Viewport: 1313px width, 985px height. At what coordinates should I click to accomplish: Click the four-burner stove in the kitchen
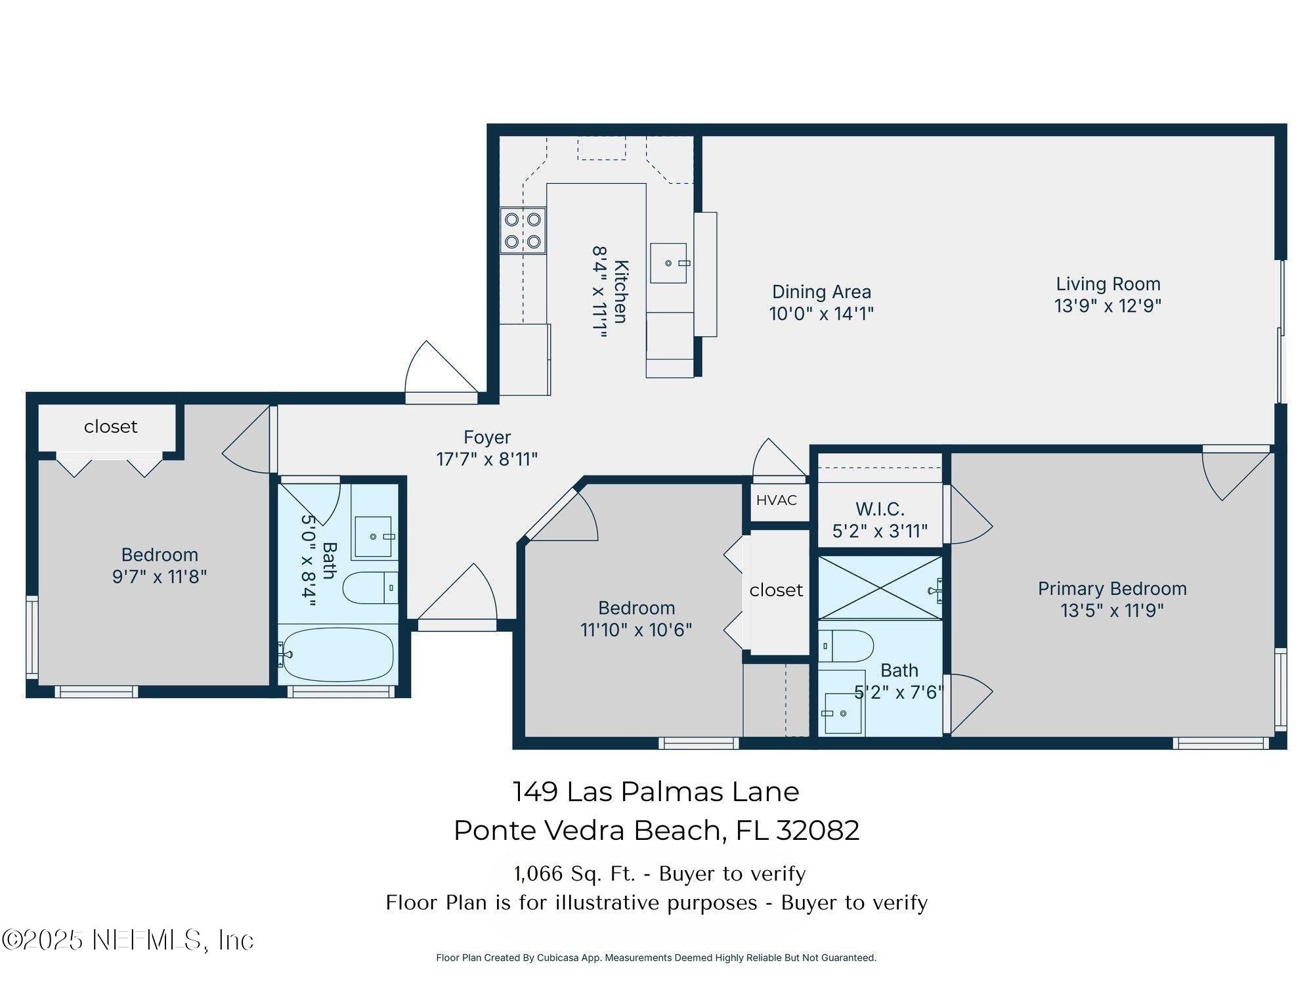pyautogui.click(x=523, y=230)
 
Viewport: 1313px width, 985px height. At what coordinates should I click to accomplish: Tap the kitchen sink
pyautogui.click(x=668, y=263)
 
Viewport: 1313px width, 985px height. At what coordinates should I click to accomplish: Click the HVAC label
pyautogui.click(x=776, y=500)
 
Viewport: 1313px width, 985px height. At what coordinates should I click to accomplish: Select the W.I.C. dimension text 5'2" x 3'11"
pyautogui.click(x=880, y=531)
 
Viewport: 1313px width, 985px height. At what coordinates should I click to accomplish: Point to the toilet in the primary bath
pyautogui.click(x=846, y=646)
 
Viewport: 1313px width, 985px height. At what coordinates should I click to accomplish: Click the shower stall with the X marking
pyautogui.click(x=880, y=588)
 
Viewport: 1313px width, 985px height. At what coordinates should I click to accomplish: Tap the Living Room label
pyautogui.click(x=1108, y=284)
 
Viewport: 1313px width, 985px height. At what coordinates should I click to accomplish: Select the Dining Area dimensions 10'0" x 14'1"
pyautogui.click(x=821, y=314)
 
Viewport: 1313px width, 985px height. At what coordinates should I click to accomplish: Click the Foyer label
pyautogui.click(x=486, y=437)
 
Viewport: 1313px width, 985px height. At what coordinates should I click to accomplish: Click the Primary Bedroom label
pyautogui.click(x=1111, y=588)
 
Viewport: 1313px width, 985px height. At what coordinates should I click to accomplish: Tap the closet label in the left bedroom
pyautogui.click(x=110, y=427)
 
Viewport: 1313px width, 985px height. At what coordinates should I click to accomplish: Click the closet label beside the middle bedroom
pyautogui.click(x=776, y=590)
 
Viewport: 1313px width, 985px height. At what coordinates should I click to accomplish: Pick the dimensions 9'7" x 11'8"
pyautogui.click(x=160, y=577)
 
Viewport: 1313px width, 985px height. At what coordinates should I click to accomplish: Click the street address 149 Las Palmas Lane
pyautogui.click(x=655, y=792)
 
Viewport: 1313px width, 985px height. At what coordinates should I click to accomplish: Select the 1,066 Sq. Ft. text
pyautogui.click(x=574, y=873)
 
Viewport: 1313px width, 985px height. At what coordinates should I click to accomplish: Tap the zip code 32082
pyautogui.click(x=817, y=831)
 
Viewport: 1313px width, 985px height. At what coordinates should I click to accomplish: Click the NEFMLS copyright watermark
pyautogui.click(x=128, y=940)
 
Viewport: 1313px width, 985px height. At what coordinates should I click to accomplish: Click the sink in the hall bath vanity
pyautogui.click(x=373, y=536)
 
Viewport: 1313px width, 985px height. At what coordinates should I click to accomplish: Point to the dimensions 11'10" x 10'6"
pyautogui.click(x=635, y=630)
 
